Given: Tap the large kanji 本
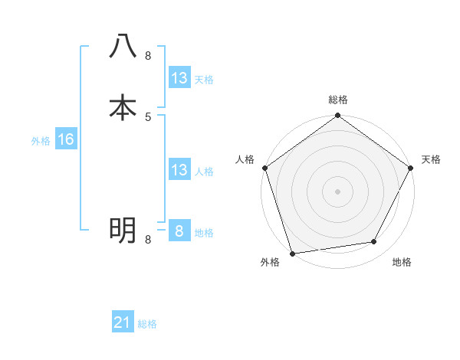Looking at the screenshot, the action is [x=123, y=107].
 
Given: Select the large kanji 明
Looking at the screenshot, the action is [x=123, y=230].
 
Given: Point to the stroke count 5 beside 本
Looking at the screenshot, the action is [x=148, y=117].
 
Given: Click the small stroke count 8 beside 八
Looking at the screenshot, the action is [x=148, y=56].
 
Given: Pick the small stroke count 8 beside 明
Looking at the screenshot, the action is [x=148, y=240].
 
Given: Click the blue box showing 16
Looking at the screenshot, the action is [x=65, y=139].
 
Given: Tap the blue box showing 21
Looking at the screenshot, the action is [x=123, y=323].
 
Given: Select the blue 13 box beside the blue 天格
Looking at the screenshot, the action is [x=179, y=78].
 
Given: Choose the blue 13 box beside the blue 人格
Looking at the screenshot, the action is [x=179, y=170].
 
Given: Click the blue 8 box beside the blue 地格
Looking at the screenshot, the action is [x=179, y=231].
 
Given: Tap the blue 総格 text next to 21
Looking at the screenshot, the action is [x=147, y=324].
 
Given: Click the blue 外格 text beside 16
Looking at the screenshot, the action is [x=41, y=141].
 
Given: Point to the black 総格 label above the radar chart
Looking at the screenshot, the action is [x=338, y=100].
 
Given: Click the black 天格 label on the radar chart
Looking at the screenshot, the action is [x=432, y=159].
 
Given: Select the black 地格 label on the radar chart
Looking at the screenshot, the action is [x=402, y=262].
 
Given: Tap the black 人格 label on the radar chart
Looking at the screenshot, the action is [x=245, y=159].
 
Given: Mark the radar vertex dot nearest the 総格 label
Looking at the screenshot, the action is [x=338, y=116].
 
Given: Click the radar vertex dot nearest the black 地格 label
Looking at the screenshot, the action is [x=374, y=242].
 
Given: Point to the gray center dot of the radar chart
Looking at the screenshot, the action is [x=338, y=191].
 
